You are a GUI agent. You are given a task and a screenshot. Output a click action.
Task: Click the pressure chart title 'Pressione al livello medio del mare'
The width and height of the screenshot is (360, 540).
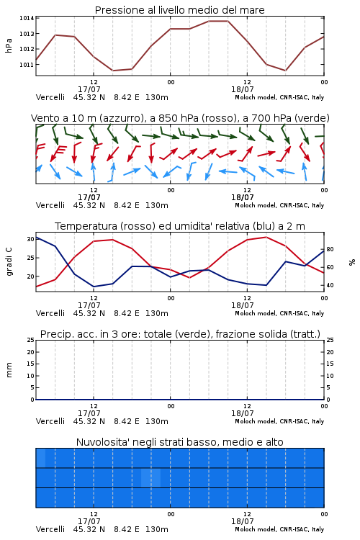click(179, 10)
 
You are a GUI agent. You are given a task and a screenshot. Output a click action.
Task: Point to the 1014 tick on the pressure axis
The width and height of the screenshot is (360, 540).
click(27, 18)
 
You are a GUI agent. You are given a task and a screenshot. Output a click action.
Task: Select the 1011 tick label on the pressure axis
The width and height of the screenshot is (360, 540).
click(27, 64)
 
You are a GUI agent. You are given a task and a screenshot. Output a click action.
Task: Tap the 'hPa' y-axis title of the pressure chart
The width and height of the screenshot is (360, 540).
click(9, 45)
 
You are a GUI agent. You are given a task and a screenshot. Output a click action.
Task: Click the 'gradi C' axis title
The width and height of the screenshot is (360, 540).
click(9, 262)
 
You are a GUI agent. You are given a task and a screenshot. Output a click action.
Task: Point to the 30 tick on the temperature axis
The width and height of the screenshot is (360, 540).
click(30, 239)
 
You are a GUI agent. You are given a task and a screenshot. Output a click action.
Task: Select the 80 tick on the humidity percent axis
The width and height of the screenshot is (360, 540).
click(330, 249)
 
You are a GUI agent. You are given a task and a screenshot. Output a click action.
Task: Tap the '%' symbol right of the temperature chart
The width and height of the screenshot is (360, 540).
click(352, 262)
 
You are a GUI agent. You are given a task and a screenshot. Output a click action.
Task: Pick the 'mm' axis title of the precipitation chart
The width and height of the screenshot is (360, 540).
click(9, 370)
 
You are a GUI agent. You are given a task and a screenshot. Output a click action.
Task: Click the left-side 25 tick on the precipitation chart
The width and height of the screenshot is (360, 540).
click(30, 340)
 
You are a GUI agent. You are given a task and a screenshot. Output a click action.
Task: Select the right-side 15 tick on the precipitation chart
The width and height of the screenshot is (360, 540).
click(330, 364)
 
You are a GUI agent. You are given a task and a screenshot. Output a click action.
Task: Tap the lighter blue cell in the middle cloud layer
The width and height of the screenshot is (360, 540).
click(151, 477)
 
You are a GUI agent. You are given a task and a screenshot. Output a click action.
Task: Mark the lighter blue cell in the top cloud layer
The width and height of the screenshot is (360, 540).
click(40, 458)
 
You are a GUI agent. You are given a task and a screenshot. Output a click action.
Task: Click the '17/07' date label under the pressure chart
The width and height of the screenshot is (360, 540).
click(89, 89)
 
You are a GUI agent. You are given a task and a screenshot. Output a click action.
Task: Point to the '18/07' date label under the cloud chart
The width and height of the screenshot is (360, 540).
click(243, 521)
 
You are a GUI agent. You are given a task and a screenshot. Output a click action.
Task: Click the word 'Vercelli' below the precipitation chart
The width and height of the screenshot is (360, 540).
click(50, 421)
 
